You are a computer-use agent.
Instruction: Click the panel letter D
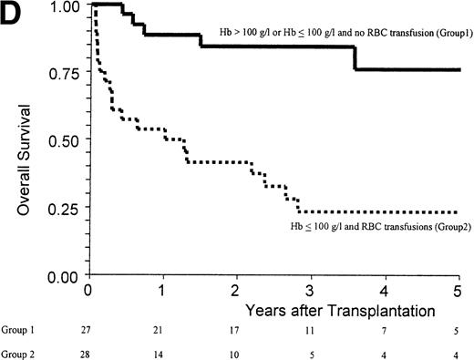pos(11,12)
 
